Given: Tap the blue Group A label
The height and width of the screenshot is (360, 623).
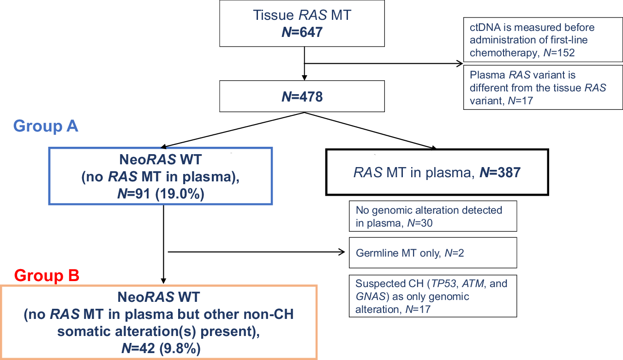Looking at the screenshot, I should (46, 126).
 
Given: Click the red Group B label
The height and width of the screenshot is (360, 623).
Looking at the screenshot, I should (47, 276).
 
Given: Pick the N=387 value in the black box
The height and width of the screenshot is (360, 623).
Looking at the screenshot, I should (500, 173).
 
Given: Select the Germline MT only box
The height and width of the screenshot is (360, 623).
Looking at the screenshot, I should (432, 252).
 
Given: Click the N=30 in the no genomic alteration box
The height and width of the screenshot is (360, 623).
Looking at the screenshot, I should (419, 223).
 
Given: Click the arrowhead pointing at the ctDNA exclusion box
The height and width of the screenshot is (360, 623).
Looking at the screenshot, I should (460, 64).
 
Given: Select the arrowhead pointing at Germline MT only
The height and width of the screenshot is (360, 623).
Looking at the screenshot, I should (342, 252).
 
